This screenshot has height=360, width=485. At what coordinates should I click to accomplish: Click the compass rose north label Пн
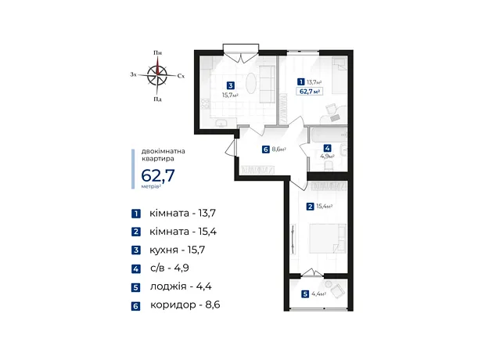coord(158,53)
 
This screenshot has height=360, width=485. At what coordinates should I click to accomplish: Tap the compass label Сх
coord(181,76)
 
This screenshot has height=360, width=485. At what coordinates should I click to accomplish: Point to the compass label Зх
coord(133,74)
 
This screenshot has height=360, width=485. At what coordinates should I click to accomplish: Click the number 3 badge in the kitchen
coord(231,85)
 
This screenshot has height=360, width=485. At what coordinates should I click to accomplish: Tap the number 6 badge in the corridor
coord(266,149)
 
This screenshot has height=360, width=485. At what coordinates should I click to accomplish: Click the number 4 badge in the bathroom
coord(327,148)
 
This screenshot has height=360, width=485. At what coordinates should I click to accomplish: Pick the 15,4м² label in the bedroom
coord(325,207)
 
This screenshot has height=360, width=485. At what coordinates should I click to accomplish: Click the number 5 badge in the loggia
coord(305,293)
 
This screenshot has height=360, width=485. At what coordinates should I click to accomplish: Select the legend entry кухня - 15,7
coord(177,250)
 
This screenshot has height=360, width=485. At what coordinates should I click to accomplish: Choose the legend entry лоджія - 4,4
coord(181,286)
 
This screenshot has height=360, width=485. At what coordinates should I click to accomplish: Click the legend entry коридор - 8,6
coord(185,305)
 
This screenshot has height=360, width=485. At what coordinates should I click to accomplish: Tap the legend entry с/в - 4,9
coord(170,268)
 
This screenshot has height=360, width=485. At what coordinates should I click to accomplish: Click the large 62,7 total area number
coord(158,175)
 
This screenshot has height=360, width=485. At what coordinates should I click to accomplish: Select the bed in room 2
coord(328,239)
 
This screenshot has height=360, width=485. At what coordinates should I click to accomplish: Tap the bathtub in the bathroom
coord(329,134)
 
